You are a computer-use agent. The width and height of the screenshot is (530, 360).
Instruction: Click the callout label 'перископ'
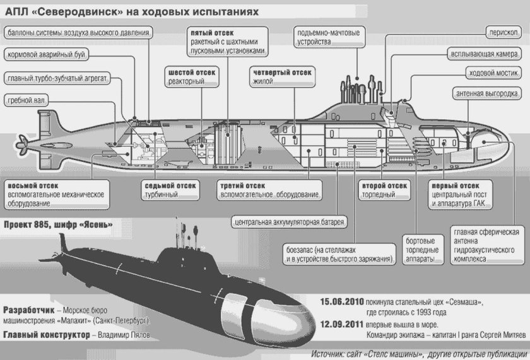(501, 31)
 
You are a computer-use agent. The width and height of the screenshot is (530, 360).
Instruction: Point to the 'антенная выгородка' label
(489, 94)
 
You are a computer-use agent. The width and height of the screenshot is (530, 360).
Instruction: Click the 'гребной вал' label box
(28, 100)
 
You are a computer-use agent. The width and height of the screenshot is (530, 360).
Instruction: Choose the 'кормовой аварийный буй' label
(45, 54)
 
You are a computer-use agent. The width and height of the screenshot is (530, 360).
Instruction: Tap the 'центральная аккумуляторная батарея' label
(290, 222)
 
